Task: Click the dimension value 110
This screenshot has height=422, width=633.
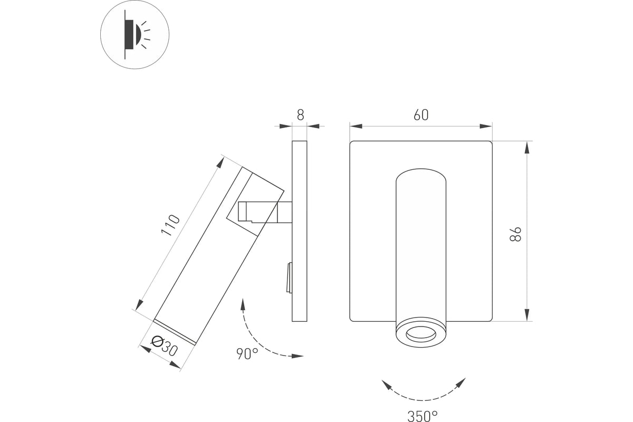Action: click(170, 225)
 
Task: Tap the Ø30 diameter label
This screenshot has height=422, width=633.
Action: click(164, 346)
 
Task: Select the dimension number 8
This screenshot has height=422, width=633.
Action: click(300, 115)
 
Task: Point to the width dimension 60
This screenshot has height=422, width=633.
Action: click(421, 115)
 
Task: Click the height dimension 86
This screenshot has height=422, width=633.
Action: click(515, 234)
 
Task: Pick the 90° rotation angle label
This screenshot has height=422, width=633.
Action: click(247, 353)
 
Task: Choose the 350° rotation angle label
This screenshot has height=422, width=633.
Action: click(423, 416)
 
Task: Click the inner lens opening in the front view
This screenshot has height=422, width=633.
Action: click(421, 334)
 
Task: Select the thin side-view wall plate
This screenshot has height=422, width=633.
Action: click(299, 231)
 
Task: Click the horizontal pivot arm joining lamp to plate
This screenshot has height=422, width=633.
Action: click(265, 212)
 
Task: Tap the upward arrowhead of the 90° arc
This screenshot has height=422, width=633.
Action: click(243, 304)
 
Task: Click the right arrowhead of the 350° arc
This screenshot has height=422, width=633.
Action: click(461, 383)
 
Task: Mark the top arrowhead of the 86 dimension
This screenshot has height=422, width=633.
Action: click(527, 148)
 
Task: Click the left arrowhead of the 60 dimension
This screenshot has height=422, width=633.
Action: click(356, 126)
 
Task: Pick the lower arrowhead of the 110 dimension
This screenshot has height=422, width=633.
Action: click(139, 305)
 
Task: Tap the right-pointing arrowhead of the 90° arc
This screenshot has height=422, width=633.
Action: click(298, 356)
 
